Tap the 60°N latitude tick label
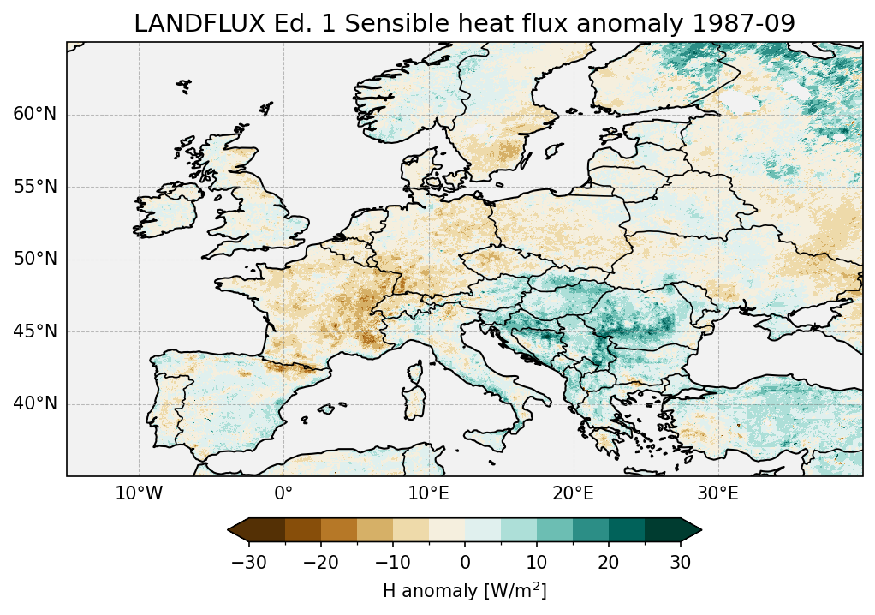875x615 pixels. [34, 115]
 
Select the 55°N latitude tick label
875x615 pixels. [34, 187]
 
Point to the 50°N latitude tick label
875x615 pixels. [34, 260]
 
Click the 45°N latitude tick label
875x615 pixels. [34, 331]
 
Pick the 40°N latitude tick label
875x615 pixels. [34, 403]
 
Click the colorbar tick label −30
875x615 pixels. [247, 562]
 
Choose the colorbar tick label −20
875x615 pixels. [319, 562]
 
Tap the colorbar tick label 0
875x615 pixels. [465, 562]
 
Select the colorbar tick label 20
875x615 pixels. [609, 562]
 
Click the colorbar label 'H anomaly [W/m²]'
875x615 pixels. [464, 590]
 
